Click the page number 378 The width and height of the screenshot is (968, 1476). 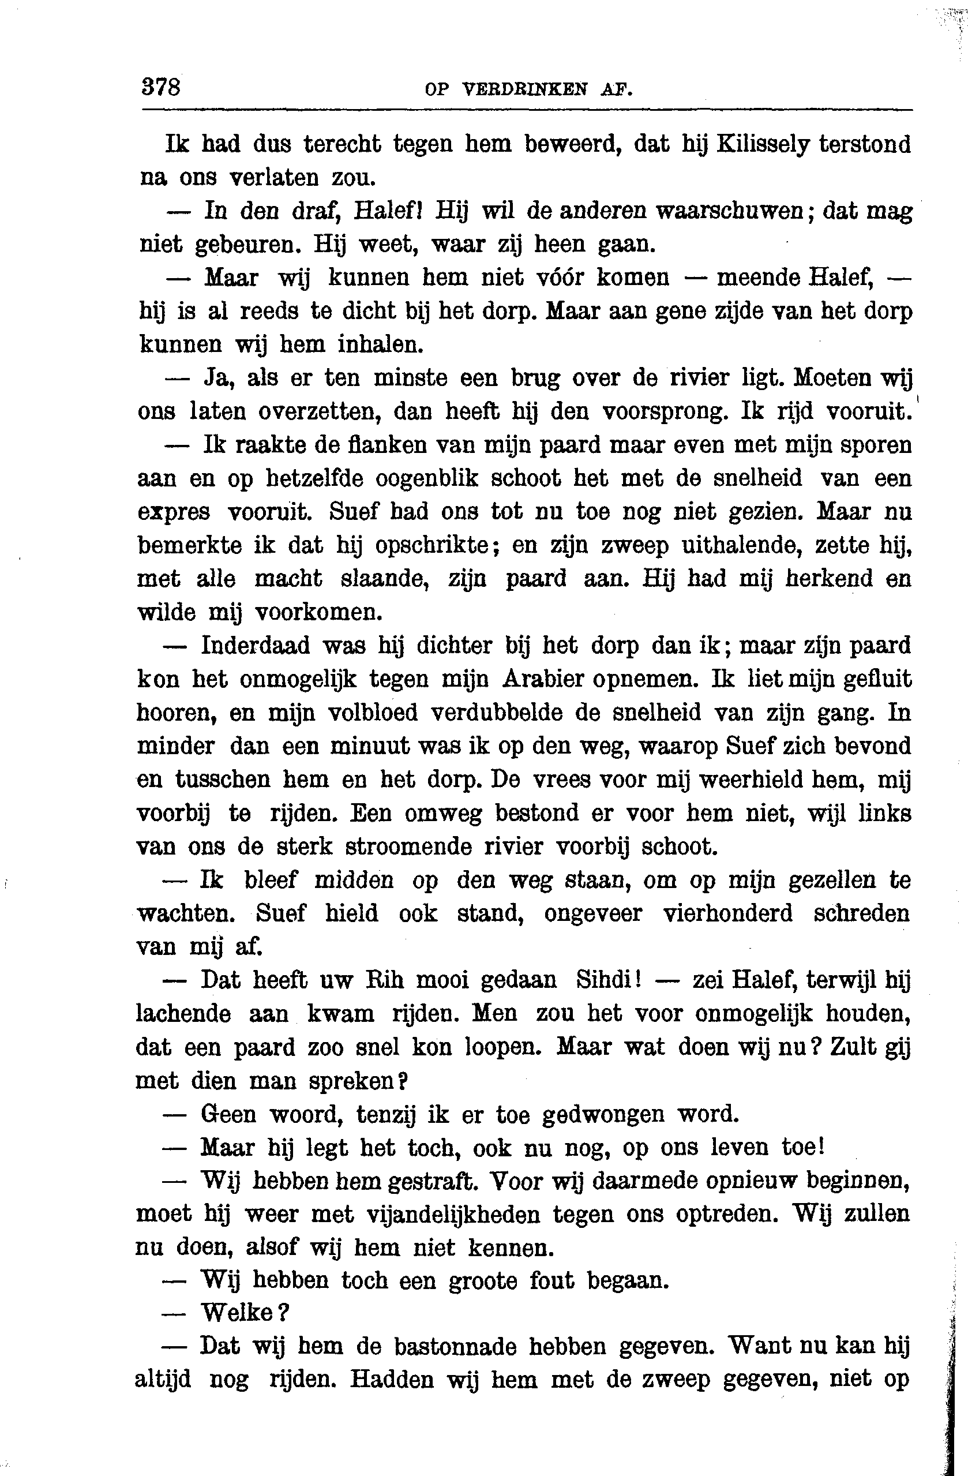[x=161, y=86]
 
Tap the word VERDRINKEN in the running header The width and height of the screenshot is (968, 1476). [x=524, y=89]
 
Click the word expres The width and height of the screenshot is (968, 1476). [x=173, y=513]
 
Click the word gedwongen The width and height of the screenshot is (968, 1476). [x=603, y=1114]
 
